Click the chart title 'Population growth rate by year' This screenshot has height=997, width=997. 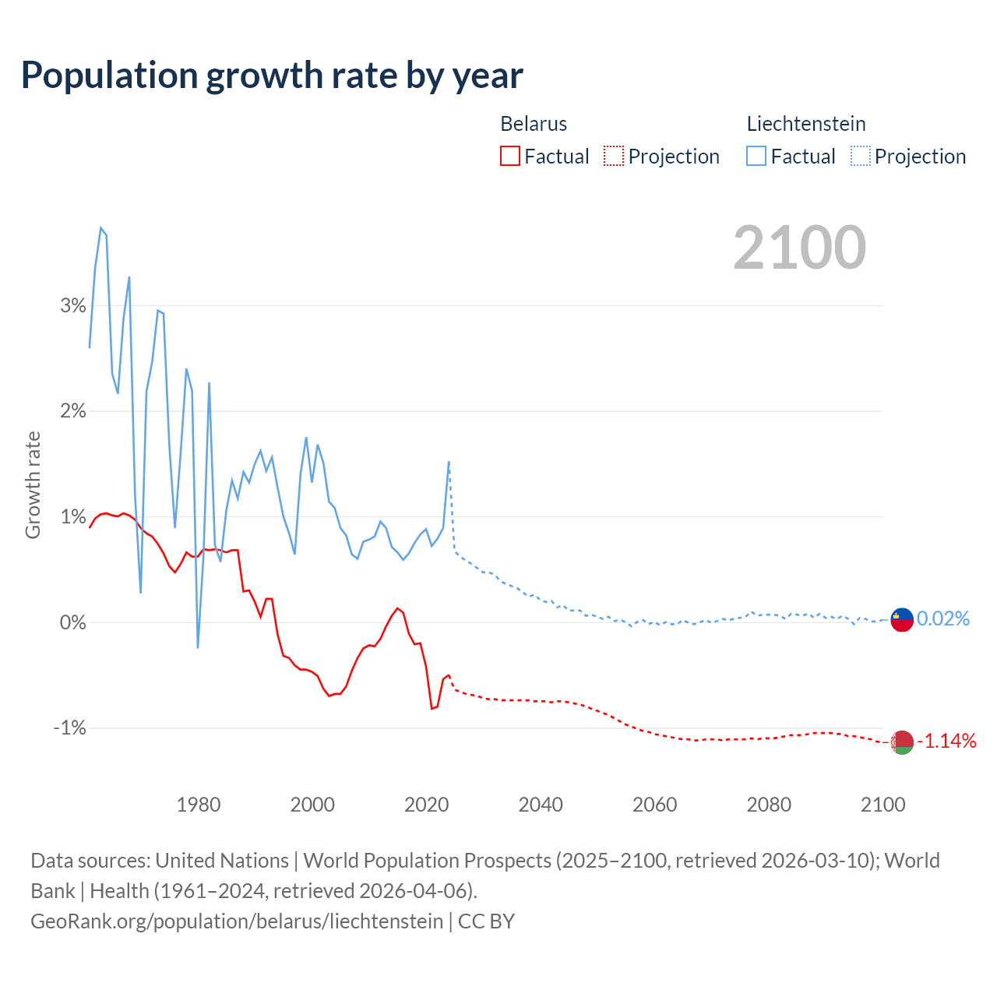point(272,76)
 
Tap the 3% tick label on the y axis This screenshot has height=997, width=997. point(73,305)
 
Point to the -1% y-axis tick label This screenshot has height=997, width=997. point(70,728)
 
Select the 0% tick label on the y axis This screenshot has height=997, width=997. point(73,622)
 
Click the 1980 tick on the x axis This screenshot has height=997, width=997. point(199,805)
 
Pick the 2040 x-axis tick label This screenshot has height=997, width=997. point(541,805)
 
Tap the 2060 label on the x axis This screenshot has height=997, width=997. point(654,805)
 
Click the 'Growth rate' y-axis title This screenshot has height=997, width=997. point(33,484)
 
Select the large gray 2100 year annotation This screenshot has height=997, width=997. point(799,248)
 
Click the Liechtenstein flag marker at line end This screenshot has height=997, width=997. point(902,619)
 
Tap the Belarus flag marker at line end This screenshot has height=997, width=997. point(902,742)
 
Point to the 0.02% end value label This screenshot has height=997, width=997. point(943,619)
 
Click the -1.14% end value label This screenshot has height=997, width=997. point(946,741)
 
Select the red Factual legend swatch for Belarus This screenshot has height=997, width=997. point(510,157)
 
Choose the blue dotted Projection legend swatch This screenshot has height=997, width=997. point(861,157)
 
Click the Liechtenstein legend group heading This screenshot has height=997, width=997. point(806,124)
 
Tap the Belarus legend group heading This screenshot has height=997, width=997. point(534,124)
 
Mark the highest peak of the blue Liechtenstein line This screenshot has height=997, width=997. point(101,228)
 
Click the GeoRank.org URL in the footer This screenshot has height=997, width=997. point(237,921)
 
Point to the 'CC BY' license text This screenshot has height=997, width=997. point(486,921)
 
